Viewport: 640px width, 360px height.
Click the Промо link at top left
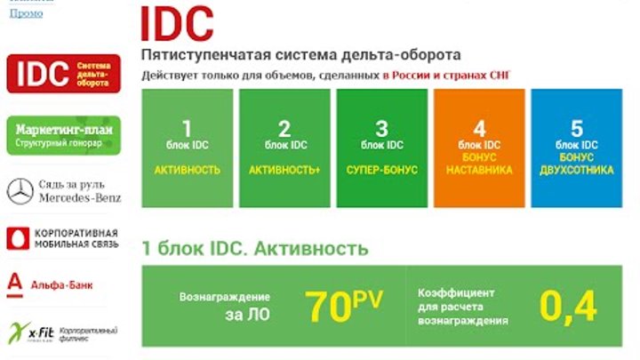20,13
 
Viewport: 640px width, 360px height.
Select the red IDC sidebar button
63,73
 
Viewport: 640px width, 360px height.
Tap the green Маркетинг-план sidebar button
63,134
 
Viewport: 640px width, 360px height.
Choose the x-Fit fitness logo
27,332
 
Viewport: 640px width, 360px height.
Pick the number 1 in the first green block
187,127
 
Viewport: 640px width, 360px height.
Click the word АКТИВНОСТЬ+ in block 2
284,169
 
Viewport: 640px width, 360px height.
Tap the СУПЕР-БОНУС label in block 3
381,169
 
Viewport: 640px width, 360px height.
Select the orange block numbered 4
480,147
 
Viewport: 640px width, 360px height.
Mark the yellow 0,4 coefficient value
568,307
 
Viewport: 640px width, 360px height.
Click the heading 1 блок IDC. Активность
254,249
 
